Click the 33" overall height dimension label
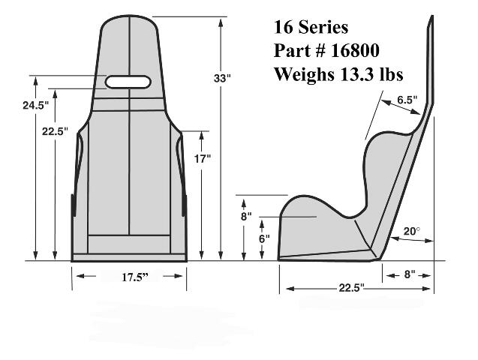tap(222, 78)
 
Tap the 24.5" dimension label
tap(35, 106)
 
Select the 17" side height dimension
tap(203, 159)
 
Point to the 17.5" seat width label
tap(135, 277)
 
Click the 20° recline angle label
tap(411, 232)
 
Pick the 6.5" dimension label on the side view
tap(407, 100)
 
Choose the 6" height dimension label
tap(264, 238)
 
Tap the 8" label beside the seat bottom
tap(246, 217)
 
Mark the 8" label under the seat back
tap(410, 274)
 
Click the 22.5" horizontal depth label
tap(351, 287)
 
